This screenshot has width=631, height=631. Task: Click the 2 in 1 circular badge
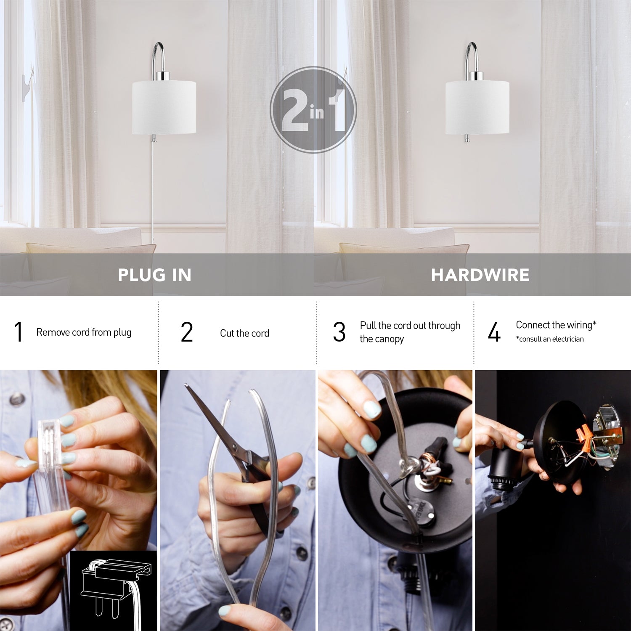[313, 110]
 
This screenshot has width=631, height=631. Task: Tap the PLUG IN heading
[154, 275]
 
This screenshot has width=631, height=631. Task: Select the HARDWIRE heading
[480, 275]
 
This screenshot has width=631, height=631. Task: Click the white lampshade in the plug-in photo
[164, 108]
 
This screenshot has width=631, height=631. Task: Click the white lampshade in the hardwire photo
[477, 108]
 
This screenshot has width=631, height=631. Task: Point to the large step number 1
[18, 332]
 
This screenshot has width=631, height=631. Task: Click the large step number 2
[187, 332]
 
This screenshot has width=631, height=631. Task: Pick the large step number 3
[339, 332]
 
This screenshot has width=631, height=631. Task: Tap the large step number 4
[494, 332]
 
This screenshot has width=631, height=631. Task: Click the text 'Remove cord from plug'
[84, 332]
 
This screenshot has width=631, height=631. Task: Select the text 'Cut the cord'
[244, 333]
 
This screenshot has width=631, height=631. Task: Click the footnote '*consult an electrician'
[549, 339]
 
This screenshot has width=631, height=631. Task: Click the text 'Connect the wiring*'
[556, 325]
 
